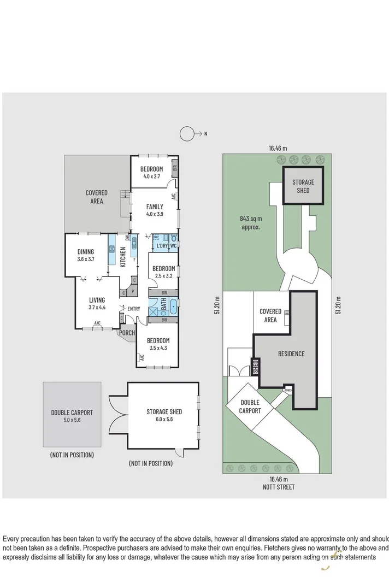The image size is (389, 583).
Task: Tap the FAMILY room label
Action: [154, 207]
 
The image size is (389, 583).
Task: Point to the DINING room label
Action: [86, 252]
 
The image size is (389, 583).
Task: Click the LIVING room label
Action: [97, 300]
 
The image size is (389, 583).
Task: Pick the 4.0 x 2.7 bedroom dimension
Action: [151, 176]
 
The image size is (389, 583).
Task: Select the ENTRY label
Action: [133, 309]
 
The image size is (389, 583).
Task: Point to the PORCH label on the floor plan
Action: [127, 333]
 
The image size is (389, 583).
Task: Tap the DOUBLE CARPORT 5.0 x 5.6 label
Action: [72, 416]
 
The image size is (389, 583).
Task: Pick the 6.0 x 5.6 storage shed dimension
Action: [164, 420]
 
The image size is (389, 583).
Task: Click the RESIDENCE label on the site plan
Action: [291, 354]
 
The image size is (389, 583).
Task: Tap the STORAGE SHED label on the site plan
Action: [303, 186]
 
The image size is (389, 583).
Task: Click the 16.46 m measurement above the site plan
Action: [278, 148]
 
